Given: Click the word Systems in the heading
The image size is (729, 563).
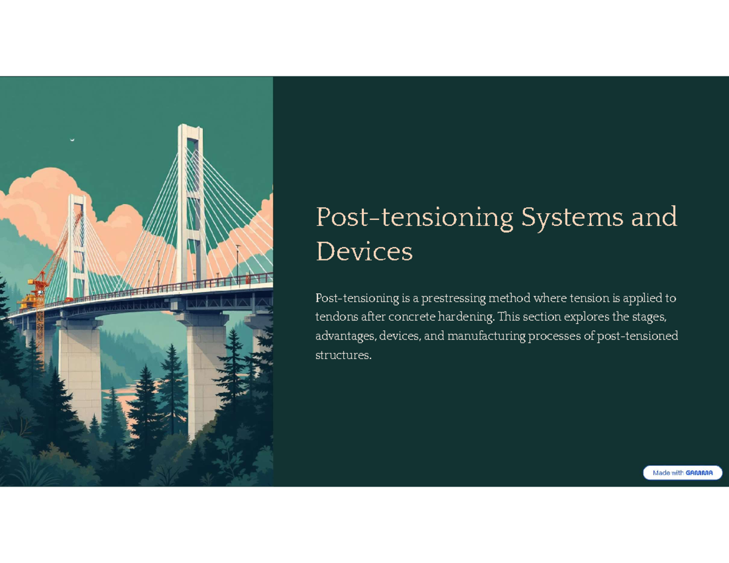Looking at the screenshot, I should click(569, 217).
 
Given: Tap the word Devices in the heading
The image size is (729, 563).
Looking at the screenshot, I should click(364, 251).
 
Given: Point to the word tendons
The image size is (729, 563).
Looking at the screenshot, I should click(337, 317).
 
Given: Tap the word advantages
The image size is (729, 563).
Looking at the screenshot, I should click(345, 336).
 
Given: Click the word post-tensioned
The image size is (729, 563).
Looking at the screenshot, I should click(637, 336).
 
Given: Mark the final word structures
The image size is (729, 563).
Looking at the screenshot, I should click(343, 355).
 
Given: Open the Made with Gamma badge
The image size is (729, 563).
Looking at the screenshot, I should click(682, 473).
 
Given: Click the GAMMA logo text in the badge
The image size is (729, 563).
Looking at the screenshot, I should click(699, 473).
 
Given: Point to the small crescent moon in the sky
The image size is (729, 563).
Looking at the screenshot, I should click(72, 140).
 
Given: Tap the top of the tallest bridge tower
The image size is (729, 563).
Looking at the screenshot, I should click(190, 129).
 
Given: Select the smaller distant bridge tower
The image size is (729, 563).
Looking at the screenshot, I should click(78, 243).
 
